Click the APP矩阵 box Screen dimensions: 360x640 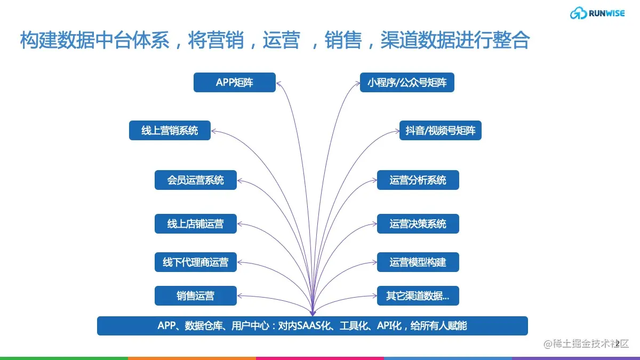[235, 83]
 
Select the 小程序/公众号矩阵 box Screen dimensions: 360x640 [407, 83]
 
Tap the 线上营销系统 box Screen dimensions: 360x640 [170, 131]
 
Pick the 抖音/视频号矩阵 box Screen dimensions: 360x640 [440, 131]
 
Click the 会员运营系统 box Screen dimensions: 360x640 [195, 180]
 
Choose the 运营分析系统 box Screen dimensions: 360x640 [418, 180]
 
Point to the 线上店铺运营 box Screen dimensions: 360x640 [195, 224]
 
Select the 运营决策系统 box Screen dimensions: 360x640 [418, 224]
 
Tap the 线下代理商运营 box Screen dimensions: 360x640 [195, 262]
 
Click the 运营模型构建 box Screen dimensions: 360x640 [418, 262]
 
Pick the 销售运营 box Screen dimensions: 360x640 [195, 295]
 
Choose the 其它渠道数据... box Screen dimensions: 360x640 [418, 295]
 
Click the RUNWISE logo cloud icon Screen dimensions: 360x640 [578, 13]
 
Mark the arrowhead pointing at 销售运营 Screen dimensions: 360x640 [239, 295]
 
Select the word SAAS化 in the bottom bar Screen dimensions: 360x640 [314, 325]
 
